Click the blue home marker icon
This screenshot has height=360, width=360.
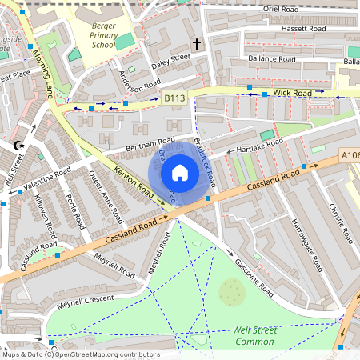click(179, 172)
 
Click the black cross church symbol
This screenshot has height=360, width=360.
click(196, 43)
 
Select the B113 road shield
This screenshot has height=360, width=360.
click(174, 98)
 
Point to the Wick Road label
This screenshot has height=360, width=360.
click(291, 93)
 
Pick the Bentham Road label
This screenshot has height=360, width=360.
click(127, 149)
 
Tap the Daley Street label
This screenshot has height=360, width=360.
click(170, 59)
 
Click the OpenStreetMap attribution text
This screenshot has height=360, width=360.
click(80, 354)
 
